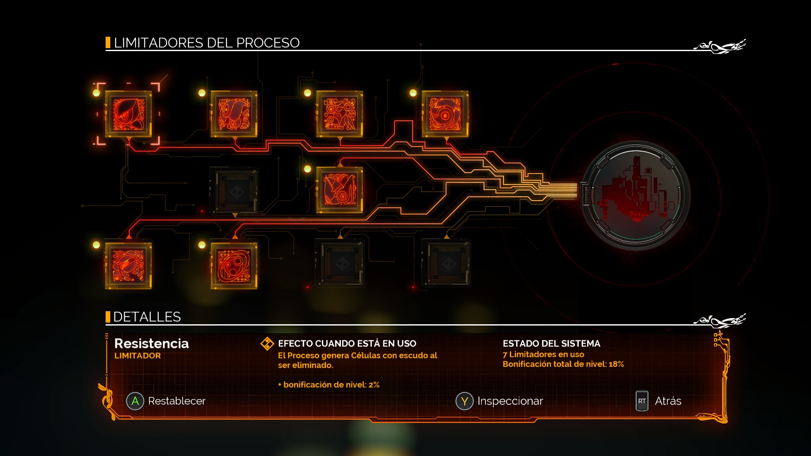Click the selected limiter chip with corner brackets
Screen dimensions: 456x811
[128, 114]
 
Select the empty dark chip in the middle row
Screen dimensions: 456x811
[235, 191]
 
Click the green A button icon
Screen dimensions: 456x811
[135, 401]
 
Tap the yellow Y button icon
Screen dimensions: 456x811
[464, 401]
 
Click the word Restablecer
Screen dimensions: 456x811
[177, 401]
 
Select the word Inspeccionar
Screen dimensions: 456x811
[510, 401]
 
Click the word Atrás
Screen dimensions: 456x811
[668, 401]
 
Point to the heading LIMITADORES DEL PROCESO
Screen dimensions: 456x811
[207, 43]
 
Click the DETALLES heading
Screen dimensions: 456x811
[147, 317]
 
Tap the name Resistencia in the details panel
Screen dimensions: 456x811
[151, 344]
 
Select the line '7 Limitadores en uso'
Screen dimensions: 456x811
[543, 355]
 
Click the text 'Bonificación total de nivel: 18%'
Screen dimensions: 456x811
[563, 364]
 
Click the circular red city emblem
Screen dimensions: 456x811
[635, 195]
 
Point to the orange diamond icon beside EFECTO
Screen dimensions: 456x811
[267, 344]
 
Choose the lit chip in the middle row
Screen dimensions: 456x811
[340, 190]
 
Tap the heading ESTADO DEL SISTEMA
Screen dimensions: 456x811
[551, 344]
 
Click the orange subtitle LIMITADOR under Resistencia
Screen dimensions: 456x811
[137, 356]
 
